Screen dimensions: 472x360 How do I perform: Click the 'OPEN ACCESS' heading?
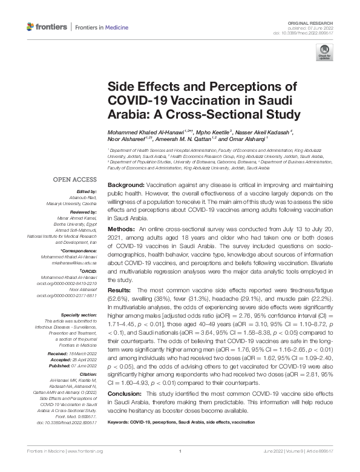76,180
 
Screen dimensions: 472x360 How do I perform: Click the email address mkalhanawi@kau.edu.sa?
75,264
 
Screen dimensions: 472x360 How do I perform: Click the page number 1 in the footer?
180,467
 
